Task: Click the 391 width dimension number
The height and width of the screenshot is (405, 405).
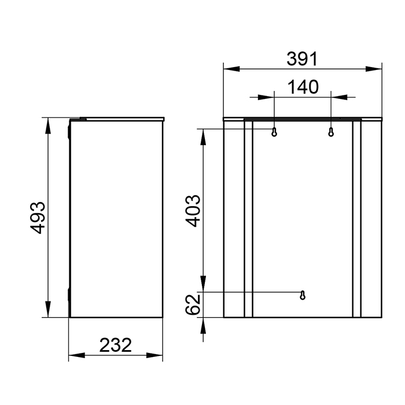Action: [302, 58]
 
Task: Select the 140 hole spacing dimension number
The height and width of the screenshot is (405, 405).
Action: [303, 87]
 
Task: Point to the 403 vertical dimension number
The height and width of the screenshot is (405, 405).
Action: [193, 211]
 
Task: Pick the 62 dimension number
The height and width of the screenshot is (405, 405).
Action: [193, 303]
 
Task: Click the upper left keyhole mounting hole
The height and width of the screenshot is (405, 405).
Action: [275, 132]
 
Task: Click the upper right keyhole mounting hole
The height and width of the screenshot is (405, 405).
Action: [331, 132]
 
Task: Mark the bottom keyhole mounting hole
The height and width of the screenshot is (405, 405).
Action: [303, 295]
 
